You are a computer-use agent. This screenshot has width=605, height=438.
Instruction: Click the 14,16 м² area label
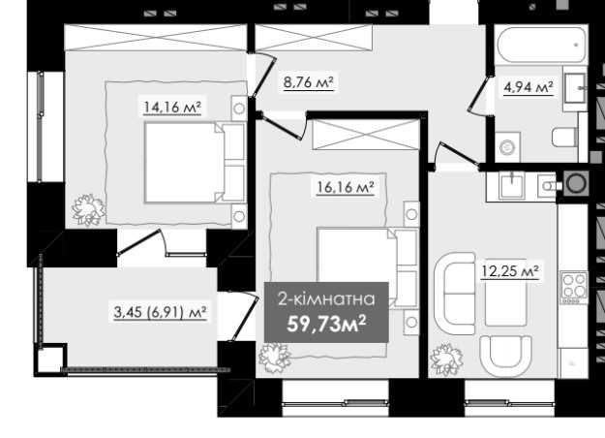172,107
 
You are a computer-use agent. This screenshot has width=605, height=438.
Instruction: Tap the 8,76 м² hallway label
308,82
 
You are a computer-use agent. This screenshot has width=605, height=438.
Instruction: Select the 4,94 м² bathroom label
529,87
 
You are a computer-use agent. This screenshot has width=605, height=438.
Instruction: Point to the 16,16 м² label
346,188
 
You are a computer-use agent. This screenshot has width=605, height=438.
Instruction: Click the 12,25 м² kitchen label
510,271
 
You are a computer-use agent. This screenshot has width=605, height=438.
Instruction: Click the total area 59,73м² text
326,324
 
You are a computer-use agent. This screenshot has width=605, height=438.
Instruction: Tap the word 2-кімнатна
326,299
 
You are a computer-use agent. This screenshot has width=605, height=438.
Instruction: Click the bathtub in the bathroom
541,45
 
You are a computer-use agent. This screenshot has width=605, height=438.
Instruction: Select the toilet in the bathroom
565,137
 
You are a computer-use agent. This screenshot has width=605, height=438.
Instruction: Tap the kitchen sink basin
512,186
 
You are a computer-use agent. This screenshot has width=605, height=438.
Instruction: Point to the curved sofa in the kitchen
455,294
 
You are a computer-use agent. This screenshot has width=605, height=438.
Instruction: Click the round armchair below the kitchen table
506,356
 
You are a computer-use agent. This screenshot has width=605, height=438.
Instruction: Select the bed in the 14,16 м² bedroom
196,162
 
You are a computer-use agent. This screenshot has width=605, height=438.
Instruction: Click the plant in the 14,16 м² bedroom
89,209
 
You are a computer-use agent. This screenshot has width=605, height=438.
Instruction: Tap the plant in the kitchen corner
446,359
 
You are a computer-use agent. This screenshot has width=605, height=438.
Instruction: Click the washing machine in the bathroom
507,147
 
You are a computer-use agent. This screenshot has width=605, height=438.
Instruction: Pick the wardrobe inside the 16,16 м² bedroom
365,135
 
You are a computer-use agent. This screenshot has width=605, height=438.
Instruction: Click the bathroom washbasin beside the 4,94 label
575,88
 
